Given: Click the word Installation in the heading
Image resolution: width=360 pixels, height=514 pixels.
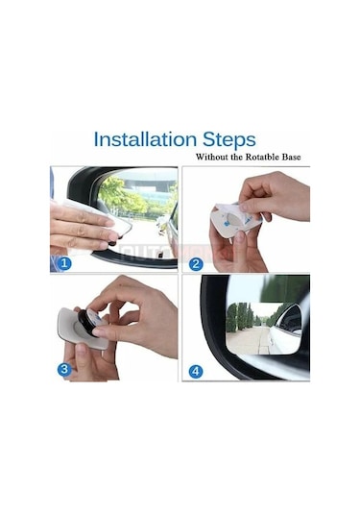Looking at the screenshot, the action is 145,139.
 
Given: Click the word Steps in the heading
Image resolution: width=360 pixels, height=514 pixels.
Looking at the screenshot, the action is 229,140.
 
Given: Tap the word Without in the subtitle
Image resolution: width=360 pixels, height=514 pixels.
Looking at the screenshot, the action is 211,157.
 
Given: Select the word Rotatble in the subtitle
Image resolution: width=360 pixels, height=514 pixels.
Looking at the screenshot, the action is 264,157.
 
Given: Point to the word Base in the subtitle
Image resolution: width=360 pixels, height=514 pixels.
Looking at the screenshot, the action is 292,157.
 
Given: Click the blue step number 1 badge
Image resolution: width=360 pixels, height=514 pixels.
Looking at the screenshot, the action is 64,263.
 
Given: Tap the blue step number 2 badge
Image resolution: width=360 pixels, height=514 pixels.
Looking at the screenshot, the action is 196,263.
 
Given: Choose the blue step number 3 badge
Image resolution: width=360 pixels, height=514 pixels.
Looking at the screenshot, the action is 64,369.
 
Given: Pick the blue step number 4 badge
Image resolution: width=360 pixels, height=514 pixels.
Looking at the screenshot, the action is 196,372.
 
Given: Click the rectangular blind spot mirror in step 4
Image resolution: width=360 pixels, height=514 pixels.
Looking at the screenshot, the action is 264,329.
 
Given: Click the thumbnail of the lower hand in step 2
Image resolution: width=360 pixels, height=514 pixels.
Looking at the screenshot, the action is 239,236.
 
